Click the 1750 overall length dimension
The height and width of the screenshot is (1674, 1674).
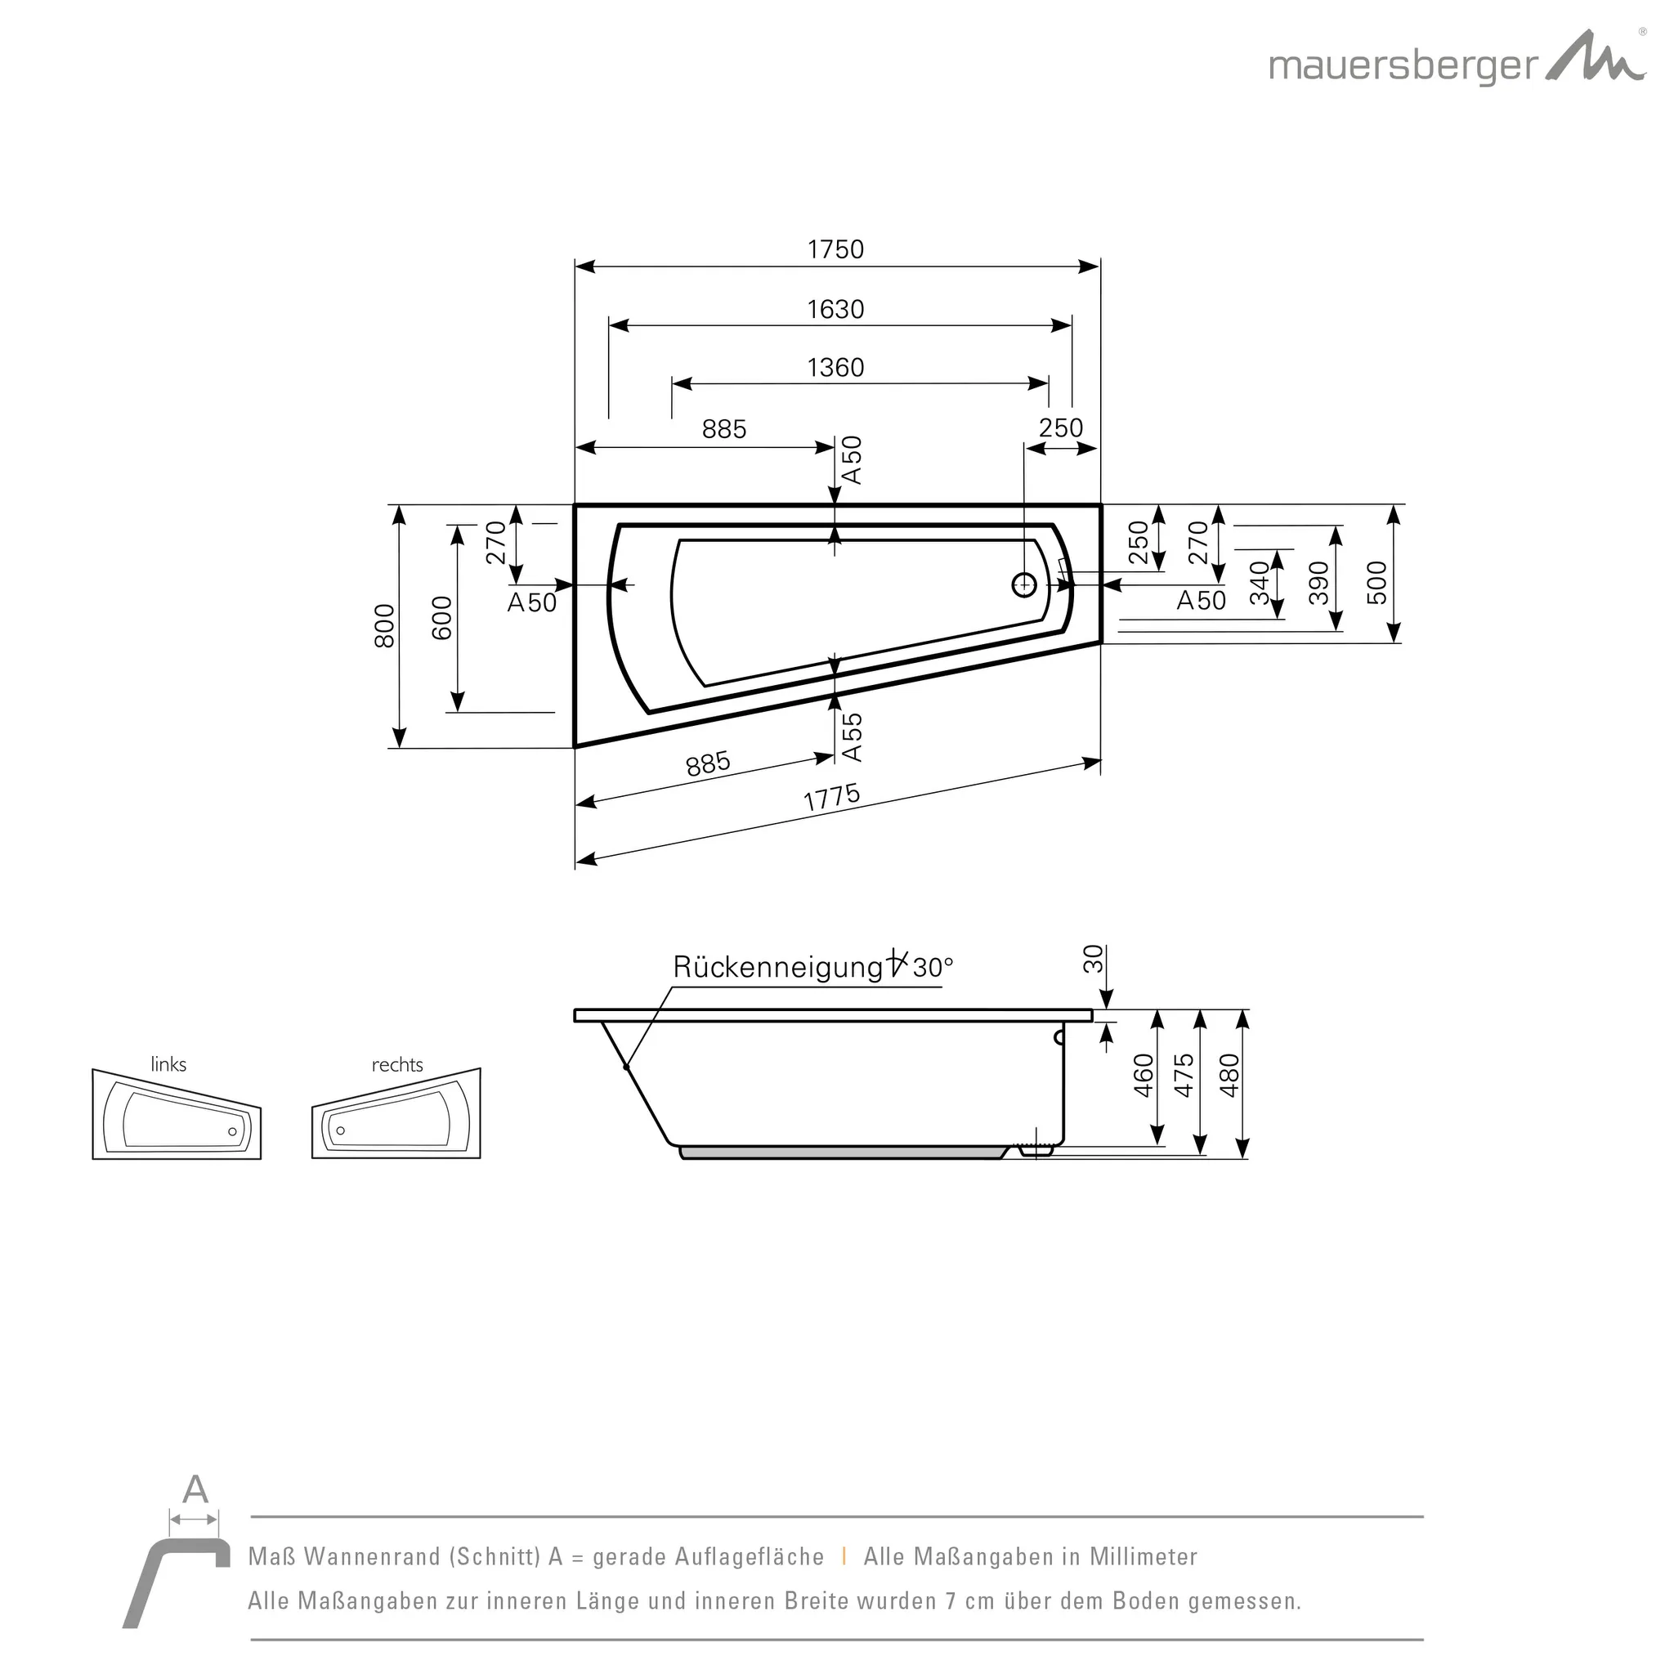(835, 249)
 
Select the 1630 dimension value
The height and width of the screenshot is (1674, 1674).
(835, 309)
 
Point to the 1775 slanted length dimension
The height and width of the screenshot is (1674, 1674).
(832, 797)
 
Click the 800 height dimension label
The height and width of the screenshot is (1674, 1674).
(384, 625)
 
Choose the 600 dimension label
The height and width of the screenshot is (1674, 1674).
(442, 618)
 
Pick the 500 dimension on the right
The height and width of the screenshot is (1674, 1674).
(1376, 582)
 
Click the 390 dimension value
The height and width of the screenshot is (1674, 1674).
(1318, 582)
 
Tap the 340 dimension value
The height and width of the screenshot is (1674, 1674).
(1259, 582)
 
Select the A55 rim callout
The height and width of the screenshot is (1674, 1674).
(853, 736)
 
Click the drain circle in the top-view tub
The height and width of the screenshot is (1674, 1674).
(1024, 585)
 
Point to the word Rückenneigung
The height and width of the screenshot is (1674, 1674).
(777, 967)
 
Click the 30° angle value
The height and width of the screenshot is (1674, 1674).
(933, 967)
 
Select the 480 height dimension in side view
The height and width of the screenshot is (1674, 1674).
(1229, 1076)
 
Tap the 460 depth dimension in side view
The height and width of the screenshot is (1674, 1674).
(1144, 1076)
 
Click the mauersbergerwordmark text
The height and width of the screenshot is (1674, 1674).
(1403, 66)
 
